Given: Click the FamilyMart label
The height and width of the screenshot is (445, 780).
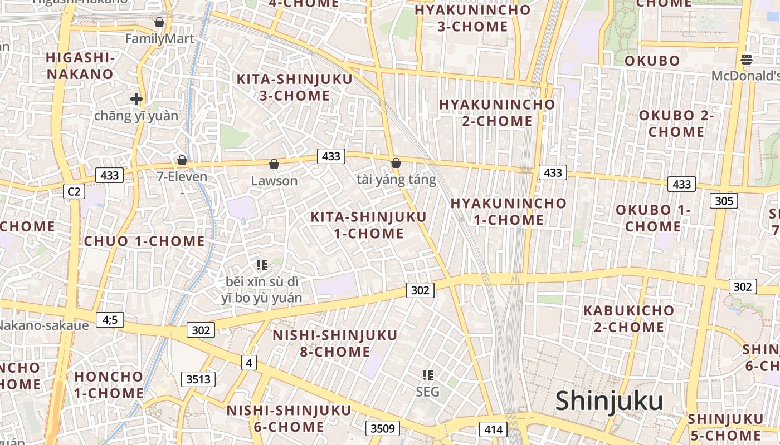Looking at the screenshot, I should (159, 39).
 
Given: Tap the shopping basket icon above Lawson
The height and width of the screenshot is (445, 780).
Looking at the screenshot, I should (274, 164).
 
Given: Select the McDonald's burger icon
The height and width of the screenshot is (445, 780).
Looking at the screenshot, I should (747, 59).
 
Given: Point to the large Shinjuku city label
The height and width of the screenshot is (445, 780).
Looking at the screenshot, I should (609, 401).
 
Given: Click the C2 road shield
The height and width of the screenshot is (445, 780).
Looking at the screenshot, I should (74, 192).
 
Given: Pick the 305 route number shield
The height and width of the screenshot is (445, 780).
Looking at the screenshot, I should (724, 201).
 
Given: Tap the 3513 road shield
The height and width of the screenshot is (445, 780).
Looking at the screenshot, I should (198, 379).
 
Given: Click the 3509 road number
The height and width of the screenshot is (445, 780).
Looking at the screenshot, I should (383, 428).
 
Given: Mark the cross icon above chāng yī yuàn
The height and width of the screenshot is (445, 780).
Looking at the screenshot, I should (136, 99).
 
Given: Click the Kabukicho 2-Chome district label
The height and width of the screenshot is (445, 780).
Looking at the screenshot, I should (628, 319).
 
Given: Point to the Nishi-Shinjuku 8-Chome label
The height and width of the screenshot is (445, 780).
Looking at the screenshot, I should (335, 343).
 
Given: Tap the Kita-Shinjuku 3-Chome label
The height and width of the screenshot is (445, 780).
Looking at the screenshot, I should (295, 87).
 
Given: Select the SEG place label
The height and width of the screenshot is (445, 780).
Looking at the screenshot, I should (427, 392).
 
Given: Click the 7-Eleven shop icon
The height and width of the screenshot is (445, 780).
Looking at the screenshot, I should (182, 160).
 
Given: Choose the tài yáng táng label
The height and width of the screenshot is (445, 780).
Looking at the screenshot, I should (396, 180).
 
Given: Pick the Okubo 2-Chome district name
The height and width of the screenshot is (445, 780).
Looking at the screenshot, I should (676, 123).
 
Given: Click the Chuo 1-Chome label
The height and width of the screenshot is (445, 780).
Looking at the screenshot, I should (144, 241).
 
